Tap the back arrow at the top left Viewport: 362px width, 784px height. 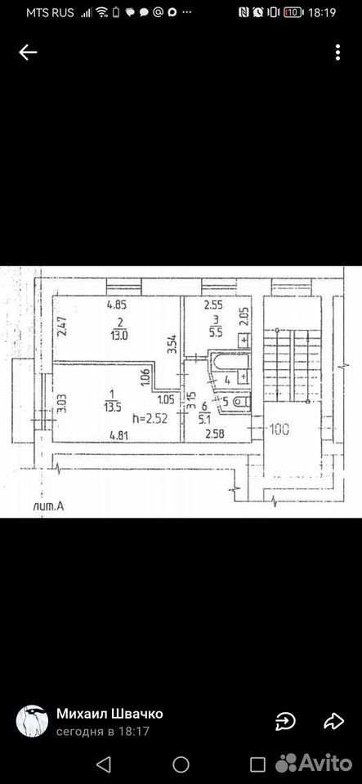coord(28,52)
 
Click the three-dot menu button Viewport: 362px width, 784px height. coord(338,52)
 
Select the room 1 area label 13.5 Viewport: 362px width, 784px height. coord(111,406)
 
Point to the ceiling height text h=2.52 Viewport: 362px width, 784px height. coord(150,417)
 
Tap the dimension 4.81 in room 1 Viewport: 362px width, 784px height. coord(120,434)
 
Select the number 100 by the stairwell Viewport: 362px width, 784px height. coord(279,429)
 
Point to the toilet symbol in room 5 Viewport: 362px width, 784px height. coord(243,400)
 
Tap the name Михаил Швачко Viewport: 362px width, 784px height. coord(109,714)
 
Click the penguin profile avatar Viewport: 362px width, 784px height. coord(32,721)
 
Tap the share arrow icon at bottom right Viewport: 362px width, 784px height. coord(333,721)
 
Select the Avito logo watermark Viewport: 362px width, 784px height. coord(314,763)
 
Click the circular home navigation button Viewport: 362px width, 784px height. coord(181,764)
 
